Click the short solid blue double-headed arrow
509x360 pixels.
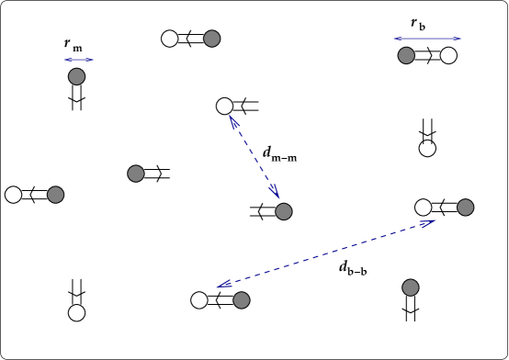tap(80, 60)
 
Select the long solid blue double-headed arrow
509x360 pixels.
tap(427, 39)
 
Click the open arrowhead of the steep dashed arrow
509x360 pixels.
tap(275, 191)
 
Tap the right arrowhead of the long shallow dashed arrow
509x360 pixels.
tap(428, 222)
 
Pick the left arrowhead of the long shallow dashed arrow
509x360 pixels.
tap(223, 285)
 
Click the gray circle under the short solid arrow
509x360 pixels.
tap(76, 76)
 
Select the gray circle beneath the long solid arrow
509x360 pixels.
tap(406, 55)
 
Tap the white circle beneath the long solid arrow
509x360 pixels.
tap(448, 55)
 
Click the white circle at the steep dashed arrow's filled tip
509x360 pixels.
tap(224, 106)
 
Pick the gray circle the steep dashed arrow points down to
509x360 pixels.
tap(284, 211)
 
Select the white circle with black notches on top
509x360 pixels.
tap(427, 148)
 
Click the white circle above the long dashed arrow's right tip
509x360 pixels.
tap(423, 208)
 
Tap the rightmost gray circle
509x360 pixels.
tap(466, 208)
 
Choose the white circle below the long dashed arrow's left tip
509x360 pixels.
tap(199, 300)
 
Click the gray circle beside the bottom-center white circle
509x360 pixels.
tap(242, 300)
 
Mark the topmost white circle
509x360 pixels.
tap(170, 39)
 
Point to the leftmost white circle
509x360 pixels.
tap(13, 195)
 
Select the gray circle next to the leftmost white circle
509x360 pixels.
tap(55, 195)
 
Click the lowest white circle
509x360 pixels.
tap(76, 313)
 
